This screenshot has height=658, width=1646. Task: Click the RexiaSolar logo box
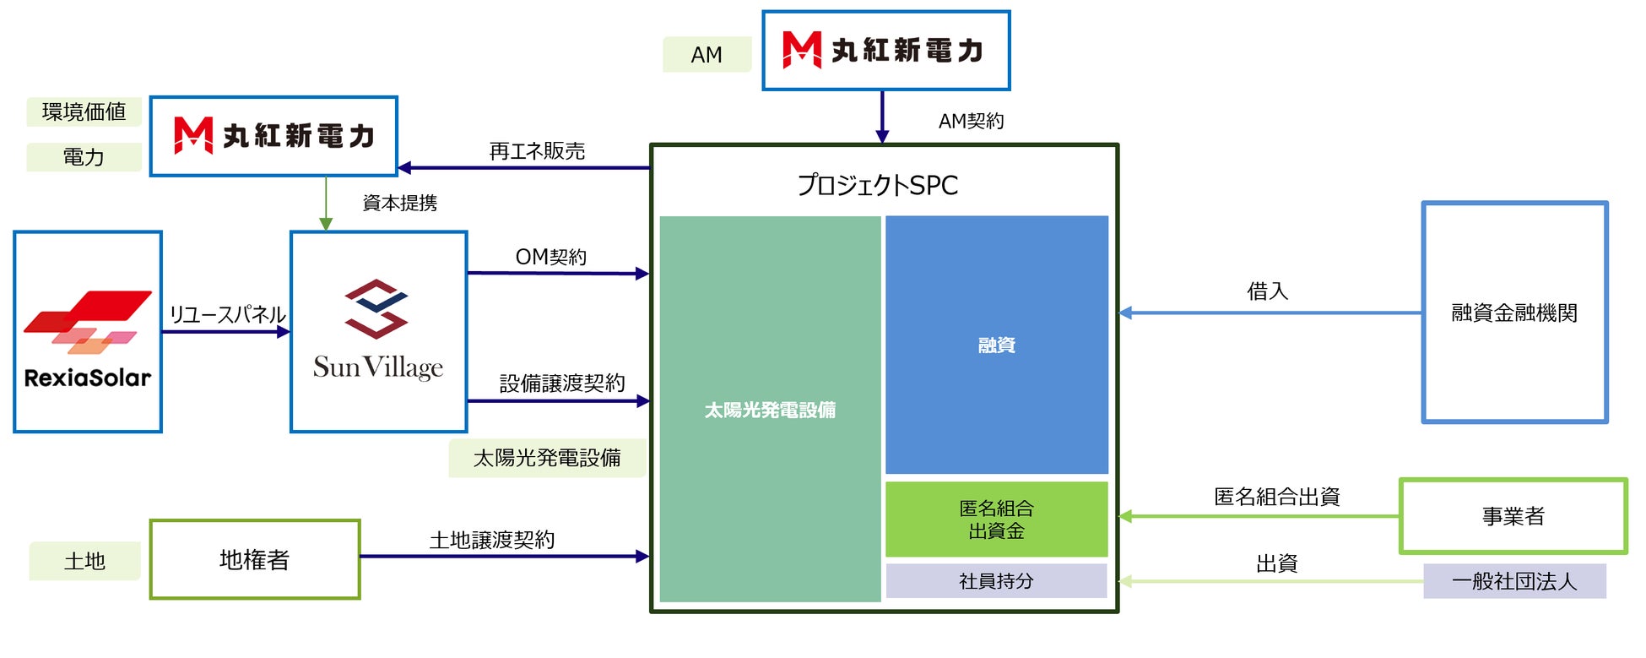tap(88, 332)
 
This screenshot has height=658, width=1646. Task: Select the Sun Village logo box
tap(378, 332)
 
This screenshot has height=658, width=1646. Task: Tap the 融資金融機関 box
tap(1514, 313)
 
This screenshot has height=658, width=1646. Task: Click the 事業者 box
tap(1513, 516)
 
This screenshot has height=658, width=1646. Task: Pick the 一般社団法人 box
tap(1514, 581)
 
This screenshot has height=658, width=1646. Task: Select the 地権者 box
tap(255, 559)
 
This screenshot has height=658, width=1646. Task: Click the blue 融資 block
tap(996, 345)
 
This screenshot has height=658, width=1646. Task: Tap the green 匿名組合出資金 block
tap(996, 519)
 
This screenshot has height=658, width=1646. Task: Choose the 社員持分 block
tap(996, 581)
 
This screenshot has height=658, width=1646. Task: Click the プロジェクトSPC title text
tap(878, 185)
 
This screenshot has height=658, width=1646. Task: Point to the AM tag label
tap(707, 55)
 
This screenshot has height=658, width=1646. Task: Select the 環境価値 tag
tap(84, 111)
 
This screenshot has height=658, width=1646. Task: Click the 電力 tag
tap(84, 157)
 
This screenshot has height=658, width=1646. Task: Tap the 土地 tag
tap(84, 561)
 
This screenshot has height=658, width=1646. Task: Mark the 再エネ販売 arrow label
tap(537, 151)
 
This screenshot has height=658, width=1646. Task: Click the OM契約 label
tap(550, 257)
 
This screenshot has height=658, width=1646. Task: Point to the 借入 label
tap(1267, 291)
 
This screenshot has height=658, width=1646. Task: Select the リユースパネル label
tap(227, 314)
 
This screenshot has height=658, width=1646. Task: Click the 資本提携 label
tap(399, 203)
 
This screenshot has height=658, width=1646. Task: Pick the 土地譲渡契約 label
tap(491, 540)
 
